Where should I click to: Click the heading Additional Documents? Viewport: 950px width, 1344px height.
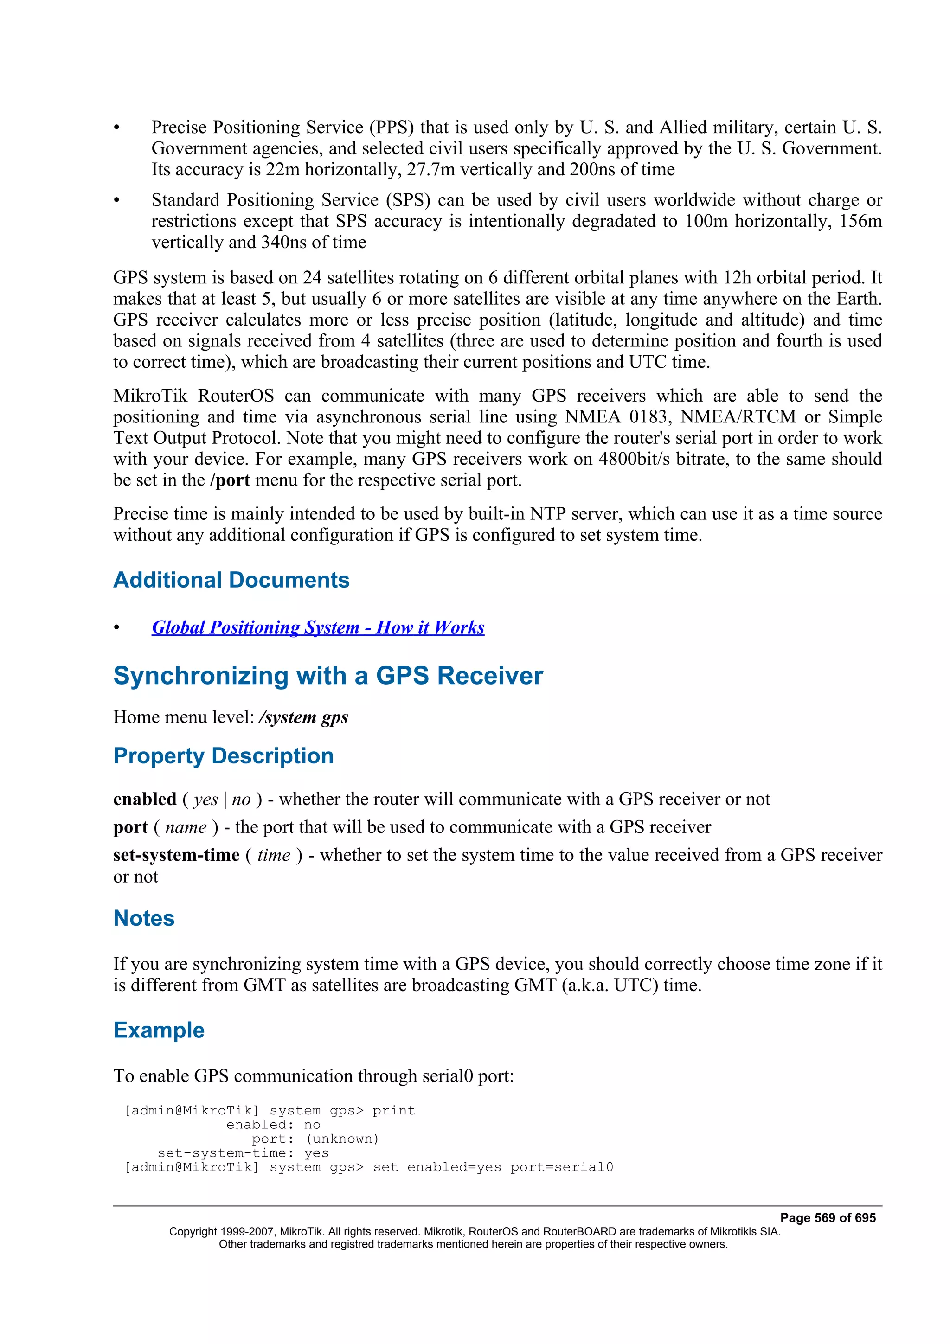tap(231, 580)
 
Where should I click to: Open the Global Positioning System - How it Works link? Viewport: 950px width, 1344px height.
tap(318, 627)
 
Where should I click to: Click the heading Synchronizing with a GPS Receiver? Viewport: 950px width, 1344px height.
tap(328, 676)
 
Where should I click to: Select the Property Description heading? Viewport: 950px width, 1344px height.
tap(223, 755)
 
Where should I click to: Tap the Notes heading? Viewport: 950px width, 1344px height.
tap(144, 918)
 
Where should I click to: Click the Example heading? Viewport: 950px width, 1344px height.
tap(159, 1030)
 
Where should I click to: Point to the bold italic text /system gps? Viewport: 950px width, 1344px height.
tap(303, 717)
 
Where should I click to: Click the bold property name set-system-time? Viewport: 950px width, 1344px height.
tap(176, 855)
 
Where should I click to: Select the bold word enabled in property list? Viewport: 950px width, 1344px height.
tap(145, 799)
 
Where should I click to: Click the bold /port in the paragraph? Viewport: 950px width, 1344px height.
tap(230, 480)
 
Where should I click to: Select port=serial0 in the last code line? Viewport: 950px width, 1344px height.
tap(561, 1167)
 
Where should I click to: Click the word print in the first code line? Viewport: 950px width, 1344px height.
tap(393, 1110)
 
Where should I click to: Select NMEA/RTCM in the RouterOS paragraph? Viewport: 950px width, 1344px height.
tap(738, 417)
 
